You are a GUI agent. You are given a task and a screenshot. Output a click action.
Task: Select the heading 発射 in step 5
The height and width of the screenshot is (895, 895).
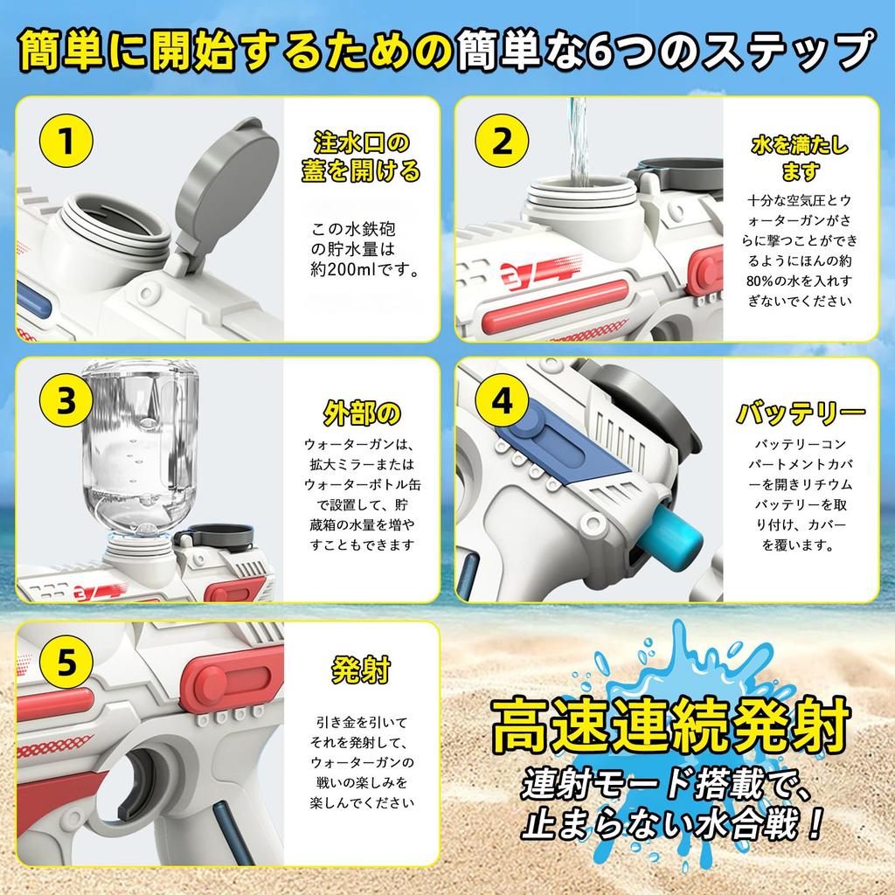(x=359, y=670)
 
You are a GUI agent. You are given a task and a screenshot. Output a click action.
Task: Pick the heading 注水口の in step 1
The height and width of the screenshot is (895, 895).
(x=361, y=142)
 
